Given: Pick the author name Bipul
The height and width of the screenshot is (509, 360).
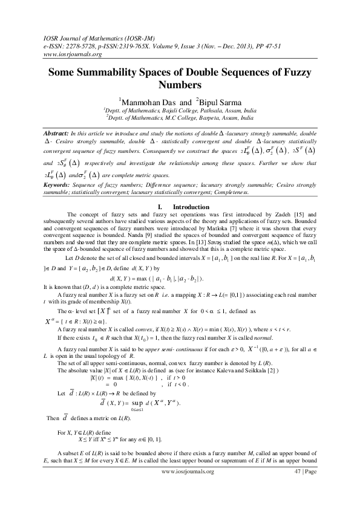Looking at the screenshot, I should (x=209, y=100).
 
